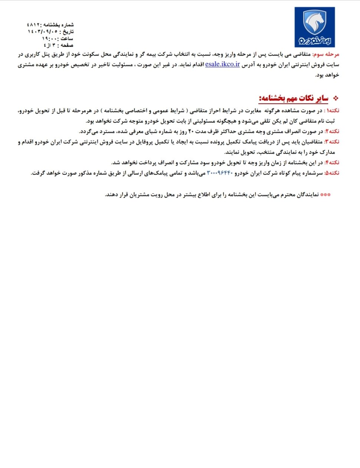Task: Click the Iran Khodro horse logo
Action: [315, 27]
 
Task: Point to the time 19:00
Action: [50, 38]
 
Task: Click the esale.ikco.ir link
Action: [222, 64]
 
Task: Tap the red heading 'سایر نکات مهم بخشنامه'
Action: [294, 98]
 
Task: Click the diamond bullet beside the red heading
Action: [336, 98]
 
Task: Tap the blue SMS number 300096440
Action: [219, 173]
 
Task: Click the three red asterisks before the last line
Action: [325, 195]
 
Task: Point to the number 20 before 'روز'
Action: [192, 131]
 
